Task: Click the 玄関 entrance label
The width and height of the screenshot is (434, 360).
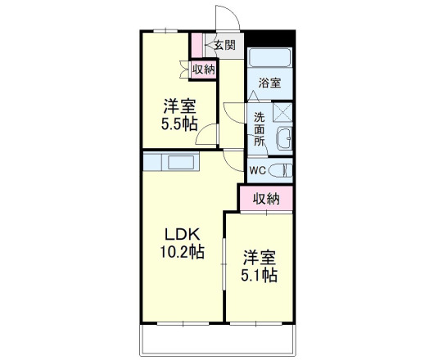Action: (x=225, y=45)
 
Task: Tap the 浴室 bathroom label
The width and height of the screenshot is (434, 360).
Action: (x=269, y=82)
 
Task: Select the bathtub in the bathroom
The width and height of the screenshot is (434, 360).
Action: (x=269, y=58)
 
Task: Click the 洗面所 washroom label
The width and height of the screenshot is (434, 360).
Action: (x=259, y=128)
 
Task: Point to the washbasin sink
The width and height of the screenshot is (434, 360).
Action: (x=284, y=139)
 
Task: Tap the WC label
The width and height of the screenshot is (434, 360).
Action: (x=257, y=171)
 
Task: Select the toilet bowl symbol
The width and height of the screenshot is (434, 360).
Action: (x=281, y=171)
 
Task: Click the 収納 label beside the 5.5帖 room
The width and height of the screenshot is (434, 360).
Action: (x=204, y=70)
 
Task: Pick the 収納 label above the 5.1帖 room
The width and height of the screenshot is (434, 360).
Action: (x=266, y=197)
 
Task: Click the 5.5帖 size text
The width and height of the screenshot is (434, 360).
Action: (x=178, y=124)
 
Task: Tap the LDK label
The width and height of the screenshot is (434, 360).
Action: (x=175, y=232)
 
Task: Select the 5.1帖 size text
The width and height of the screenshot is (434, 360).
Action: (x=259, y=275)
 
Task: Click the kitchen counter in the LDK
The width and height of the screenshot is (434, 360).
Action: (x=171, y=161)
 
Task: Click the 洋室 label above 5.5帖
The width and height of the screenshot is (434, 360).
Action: (x=178, y=106)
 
